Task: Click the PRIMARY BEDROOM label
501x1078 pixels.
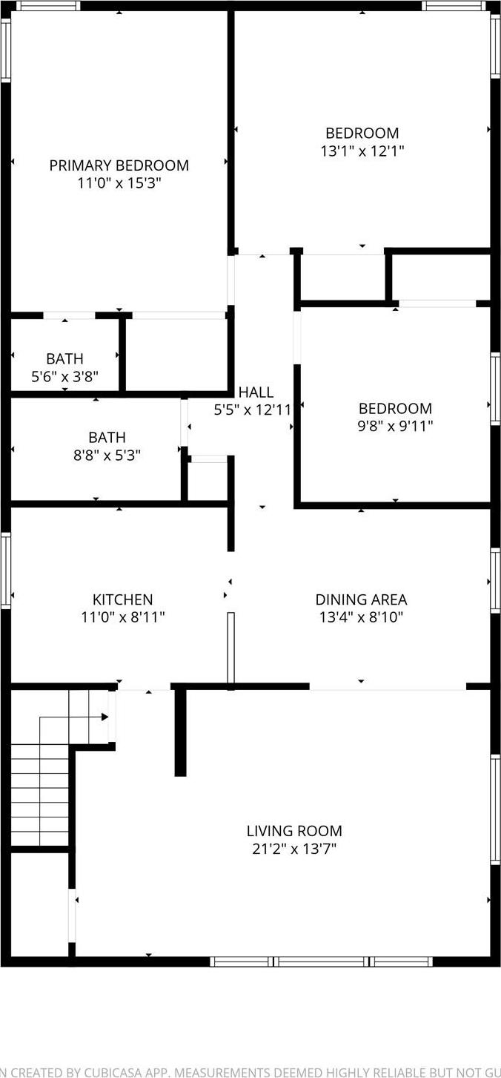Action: [x=119, y=165]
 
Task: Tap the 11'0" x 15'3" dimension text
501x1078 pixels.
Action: [x=119, y=183]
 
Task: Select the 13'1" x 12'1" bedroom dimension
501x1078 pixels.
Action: [x=362, y=151]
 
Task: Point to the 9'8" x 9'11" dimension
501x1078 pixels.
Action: [x=395, y=426]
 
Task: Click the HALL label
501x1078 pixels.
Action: [x=256, y=392]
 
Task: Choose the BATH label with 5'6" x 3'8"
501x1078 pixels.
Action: [x=64, y=359]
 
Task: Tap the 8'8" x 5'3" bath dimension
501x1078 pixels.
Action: [x=107, y=455]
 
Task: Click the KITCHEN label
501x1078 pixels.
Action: [x=122, y=599]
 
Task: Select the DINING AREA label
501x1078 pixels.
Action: [x=361, y=599]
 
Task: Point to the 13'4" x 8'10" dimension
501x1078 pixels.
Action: [x=361, y=617]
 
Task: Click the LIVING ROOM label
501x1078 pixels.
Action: [x=294, y=831]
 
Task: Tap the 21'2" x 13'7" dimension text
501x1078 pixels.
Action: [x=294, y=848]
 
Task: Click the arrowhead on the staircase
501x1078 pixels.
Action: [x=104, y=717]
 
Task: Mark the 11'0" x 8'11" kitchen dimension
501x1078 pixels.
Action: [x=122, y=617]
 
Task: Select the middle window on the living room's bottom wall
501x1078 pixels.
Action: [x=321, y=962]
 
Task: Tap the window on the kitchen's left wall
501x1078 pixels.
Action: [x=5, y=570]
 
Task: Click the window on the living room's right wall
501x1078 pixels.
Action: [x=495, y=809]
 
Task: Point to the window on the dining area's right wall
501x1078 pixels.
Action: [x=495, y=581]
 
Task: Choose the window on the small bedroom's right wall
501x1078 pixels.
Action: [x=495, y=389]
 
